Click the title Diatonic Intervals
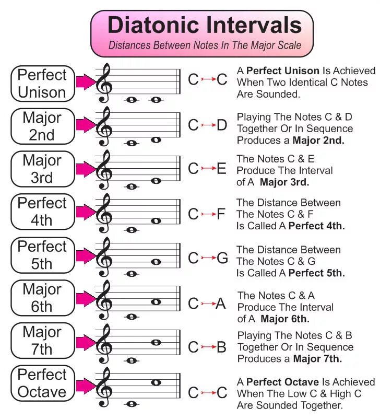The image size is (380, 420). [204, 25]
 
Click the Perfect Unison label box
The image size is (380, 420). [42, 84]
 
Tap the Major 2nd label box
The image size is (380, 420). [42, 126]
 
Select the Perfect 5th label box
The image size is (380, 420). [42, 255]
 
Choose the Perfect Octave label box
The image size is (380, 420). [42, 383]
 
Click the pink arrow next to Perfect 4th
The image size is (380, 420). [86, 212]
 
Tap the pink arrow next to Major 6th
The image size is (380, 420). [86, 298]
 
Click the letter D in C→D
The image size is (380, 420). [222, 125]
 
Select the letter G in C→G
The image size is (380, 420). [222, 258]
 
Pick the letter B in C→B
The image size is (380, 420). [221, 347]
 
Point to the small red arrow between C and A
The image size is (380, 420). [208, 304]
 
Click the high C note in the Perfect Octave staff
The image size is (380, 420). [156, 382]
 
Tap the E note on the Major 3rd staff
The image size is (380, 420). [156, 181]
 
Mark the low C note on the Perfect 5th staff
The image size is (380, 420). [132, 273]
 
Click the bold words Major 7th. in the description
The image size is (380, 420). [317, 359]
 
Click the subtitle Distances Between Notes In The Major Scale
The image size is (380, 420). [205, 45]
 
